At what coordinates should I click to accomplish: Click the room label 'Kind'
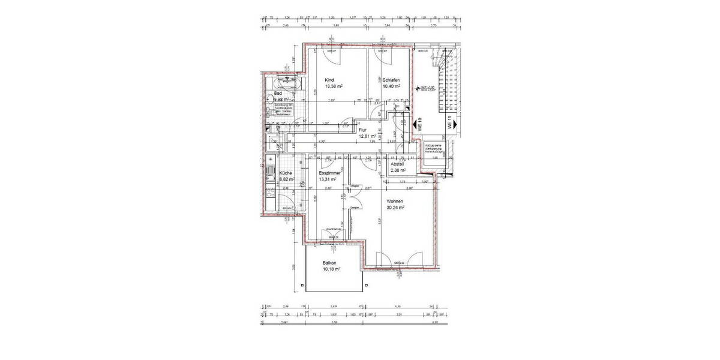click(x=329, y=80)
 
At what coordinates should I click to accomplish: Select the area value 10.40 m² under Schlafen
click(x=392, y=86)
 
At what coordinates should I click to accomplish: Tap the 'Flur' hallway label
click(x=362, y=130)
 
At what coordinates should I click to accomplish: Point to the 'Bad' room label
click(x=278, y=94)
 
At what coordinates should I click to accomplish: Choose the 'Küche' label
click(x=285, y=173)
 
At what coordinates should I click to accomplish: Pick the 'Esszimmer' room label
click(x=330, y=173)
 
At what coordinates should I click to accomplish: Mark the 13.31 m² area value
click(x=328, y=179)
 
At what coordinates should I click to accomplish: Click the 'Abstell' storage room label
click(x=397, y=164)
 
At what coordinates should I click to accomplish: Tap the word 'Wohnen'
click(x=394, y=201)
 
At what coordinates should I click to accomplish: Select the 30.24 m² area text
click(x=395, y=208)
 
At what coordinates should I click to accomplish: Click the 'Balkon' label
click(x=329, y=263)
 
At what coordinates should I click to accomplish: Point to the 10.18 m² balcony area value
click(x=331, y=270)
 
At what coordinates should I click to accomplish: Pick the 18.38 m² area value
click(x=334, y=86)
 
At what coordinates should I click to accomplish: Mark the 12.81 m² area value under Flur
click(x=367, y=136)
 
